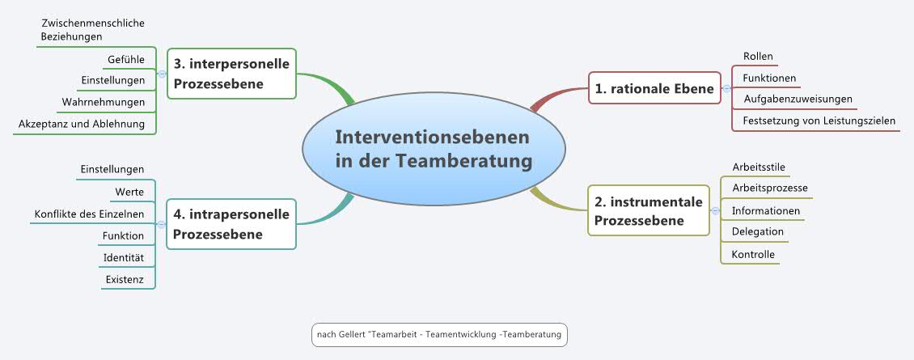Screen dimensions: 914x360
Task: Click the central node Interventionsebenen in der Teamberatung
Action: point(434,149)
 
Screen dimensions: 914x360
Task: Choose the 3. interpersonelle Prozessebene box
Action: point(231,74)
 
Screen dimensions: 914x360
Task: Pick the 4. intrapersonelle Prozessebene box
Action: point(231,224)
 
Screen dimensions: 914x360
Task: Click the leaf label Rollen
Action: point(758,57)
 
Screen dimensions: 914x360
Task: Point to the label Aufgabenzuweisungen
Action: point(798,100)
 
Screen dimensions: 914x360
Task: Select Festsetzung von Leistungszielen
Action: point(819,121)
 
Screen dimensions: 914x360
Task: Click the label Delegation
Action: point(757,231)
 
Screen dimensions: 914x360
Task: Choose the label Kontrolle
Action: point(753,254)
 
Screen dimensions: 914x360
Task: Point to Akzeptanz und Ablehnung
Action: point(82,124)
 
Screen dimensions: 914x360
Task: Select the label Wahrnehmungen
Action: point(104,102)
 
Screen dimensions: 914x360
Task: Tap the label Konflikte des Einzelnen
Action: point(89,214)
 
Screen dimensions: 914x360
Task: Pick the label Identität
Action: point(123,257)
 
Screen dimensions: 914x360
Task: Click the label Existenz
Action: point(125,279)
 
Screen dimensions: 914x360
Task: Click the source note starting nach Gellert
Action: point(439,335)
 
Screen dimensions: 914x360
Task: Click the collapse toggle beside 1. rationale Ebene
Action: point(726,88)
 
